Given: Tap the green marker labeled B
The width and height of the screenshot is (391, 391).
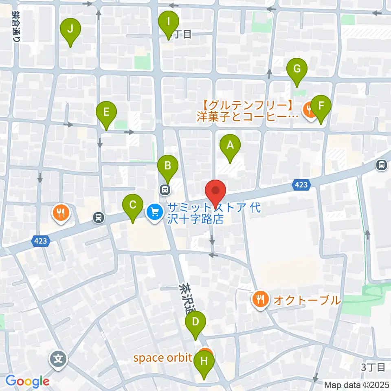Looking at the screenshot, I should [168, 166].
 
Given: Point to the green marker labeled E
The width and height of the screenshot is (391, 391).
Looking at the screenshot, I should [106, 112].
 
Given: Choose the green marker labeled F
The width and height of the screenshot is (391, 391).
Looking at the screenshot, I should [321, 107].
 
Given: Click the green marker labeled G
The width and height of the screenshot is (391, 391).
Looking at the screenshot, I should [297, 69].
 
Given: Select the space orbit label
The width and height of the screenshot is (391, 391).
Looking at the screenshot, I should [163, 358].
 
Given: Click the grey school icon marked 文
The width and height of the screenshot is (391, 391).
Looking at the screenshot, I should [58, 359].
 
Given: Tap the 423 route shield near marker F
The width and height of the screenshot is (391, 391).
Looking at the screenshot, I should [301, 185].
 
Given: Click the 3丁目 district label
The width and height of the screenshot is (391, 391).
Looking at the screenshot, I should [373, 367].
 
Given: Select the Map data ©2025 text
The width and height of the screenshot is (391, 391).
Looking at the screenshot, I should [357, 385].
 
